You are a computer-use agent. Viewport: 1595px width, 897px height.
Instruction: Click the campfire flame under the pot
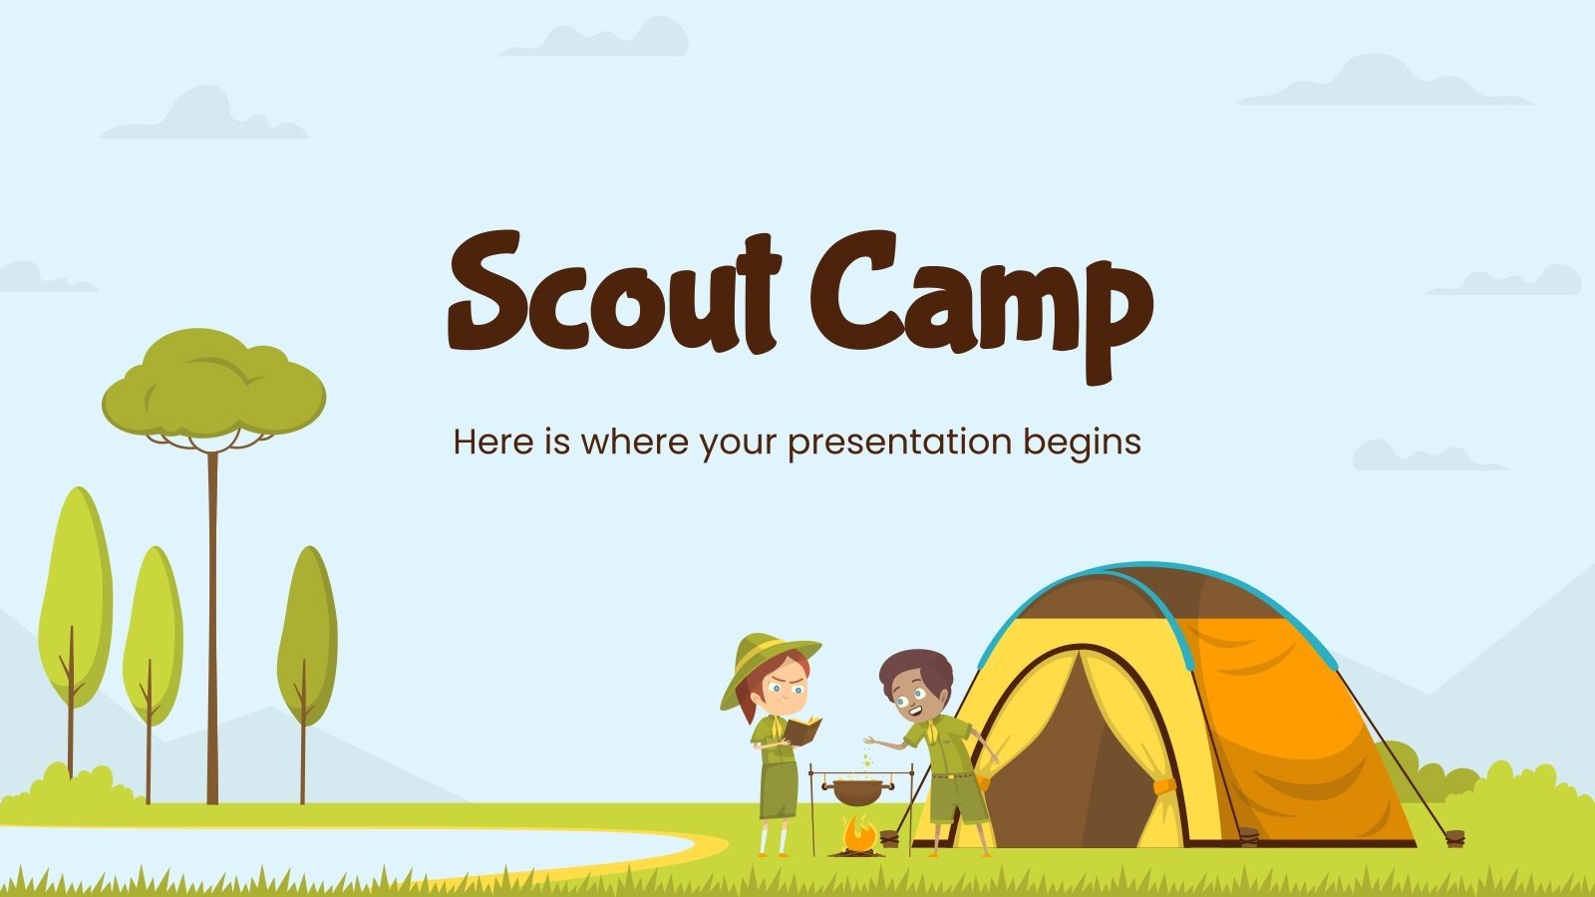pos(857,833)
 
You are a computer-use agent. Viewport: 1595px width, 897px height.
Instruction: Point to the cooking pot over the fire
pos(857,792)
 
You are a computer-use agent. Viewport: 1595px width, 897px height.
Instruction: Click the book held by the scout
pos(802,731)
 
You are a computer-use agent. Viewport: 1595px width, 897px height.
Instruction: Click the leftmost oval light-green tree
pos(75,598)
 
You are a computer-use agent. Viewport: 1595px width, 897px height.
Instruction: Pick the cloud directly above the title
pos(598,38)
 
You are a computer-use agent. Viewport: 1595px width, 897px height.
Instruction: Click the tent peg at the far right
pos(1454,838)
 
